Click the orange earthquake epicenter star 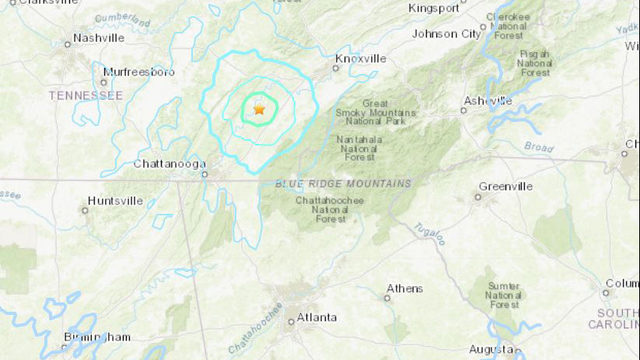[259, 110]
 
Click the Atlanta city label [315, 318]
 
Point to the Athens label [405, 289]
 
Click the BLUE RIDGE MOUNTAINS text [342, 184]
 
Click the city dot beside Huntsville [84, 209]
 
